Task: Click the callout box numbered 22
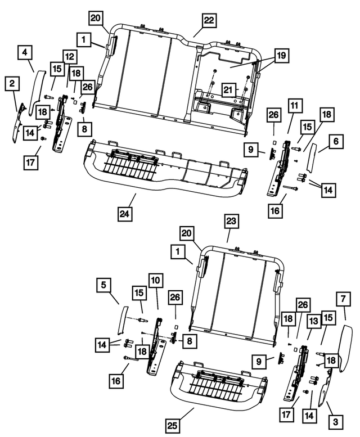click(x=209, y=20)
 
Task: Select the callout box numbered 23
click(x=231, y=222)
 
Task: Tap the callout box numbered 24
click(x=124, y=214)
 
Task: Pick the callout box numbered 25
click(x=173, y=426)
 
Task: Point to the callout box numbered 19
click(x=281, y=56)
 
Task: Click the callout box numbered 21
click(x=229, y=90)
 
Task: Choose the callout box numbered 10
click(x=155, y=281)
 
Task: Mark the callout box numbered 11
click(x=295, y=106)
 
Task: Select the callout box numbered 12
click(x=70, y=57)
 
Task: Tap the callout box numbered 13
click(x=313, y=321)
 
